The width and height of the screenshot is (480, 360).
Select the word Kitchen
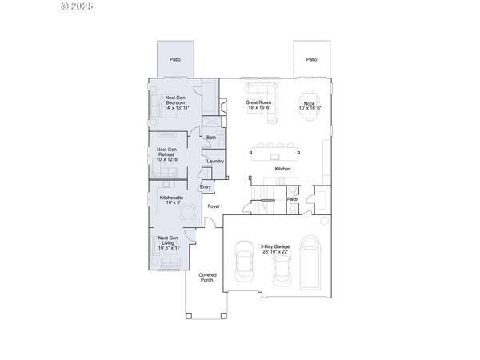[x=283, y=169]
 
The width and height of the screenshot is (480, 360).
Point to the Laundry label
[x=215, y=162]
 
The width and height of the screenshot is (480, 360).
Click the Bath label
[x=211, y=138]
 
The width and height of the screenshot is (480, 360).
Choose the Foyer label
[x=214, y=206]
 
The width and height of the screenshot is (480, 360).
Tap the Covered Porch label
[x=207, y=278]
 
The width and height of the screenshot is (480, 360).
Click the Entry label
[x=206, y=187]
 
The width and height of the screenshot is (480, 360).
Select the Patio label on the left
[x=174, y=59]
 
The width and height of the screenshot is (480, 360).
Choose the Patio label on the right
[x=311, y=59]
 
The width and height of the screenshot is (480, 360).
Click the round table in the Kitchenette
[x=188, y=212]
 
